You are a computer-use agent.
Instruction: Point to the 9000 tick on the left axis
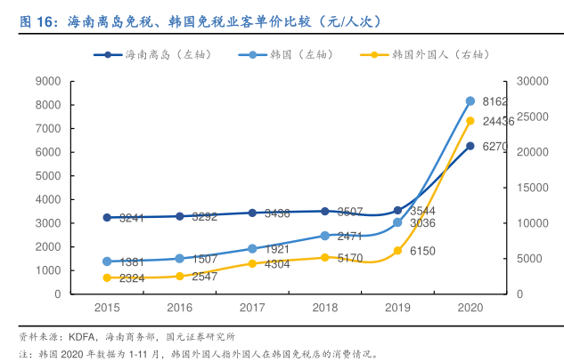[x=47, y=81]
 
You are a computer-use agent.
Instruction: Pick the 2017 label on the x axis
[x=252, y=307]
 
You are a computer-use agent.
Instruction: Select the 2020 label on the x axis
[x=470, y=307]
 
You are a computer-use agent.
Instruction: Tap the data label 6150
[x=422, y=252]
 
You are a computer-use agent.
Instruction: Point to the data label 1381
[x=132, y=262]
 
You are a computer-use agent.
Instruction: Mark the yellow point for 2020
[x=470, y=121]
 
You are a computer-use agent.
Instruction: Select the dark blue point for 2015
[x=107, y=217]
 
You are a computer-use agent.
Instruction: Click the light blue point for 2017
[x=252, y=248]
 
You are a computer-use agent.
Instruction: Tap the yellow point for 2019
[x=398, y=251]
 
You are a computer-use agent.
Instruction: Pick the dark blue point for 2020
[x=470, y=146]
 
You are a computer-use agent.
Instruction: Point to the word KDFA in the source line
[x=84, y=337]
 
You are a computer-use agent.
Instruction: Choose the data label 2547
[x=205, y=277]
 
